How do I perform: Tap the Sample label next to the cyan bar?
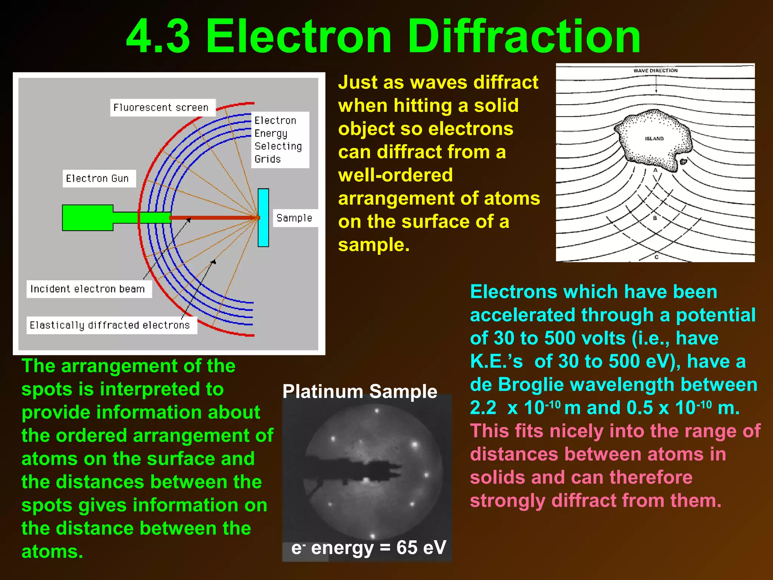click(x=294, y=218)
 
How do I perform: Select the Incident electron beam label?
click(x=88, y=289)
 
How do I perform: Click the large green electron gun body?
click(x=88, y=217)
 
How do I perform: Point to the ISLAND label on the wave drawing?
click(x=654, y=139)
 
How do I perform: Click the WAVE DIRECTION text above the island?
click(x=655, y=71)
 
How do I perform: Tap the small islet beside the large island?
click(x=683, y=162)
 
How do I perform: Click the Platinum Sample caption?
click(x=360, y=391)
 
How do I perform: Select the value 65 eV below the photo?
click(x=421, y=547)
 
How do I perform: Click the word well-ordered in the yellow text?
click(x=395, y=175)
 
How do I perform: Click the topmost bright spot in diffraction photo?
click(x=376, y=411)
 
